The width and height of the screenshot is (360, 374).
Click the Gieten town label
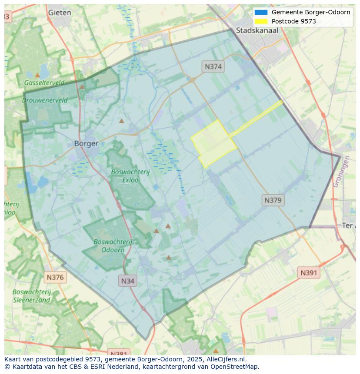(x=60, y=13)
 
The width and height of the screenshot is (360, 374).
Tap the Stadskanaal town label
(x=257, y=30)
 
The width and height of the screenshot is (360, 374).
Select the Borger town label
(x=86, y=143)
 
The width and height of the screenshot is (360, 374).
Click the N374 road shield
(x=213, y=66)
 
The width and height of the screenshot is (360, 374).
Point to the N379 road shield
(x=273, y=200)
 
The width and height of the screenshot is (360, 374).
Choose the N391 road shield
(x=309, y=273)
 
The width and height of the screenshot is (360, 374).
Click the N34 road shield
(x=127, y=281)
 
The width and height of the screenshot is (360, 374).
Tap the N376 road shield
(x=55, y=277)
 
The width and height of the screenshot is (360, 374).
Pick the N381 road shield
(x=117, y=353)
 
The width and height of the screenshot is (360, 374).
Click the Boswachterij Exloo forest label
(x=130, y=175)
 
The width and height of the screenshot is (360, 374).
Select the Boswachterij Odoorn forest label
(x=113, y=245)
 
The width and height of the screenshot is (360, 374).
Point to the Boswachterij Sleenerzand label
(x=32, y=296)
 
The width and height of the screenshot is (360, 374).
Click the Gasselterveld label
(x=44, y=83)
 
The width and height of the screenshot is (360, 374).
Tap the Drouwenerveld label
(x=45, y=100)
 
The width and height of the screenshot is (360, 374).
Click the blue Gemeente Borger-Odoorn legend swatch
(x=261, y=12)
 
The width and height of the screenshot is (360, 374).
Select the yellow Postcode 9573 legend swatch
(x=261, y=21)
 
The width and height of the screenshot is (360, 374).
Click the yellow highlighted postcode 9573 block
(x=214, y=144)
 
